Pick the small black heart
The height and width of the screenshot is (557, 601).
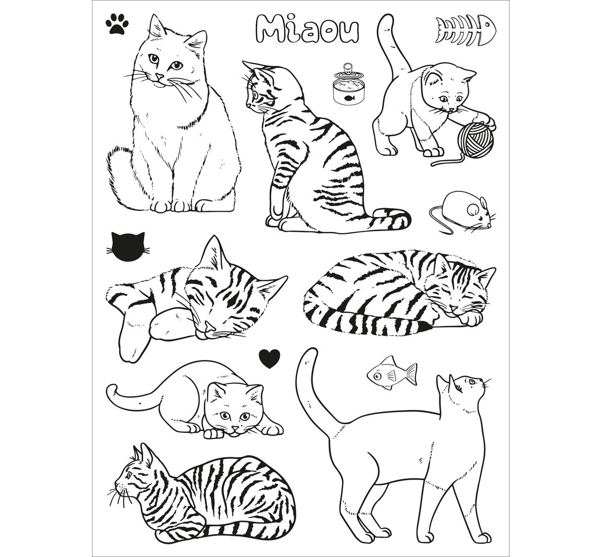coord(270,358)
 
